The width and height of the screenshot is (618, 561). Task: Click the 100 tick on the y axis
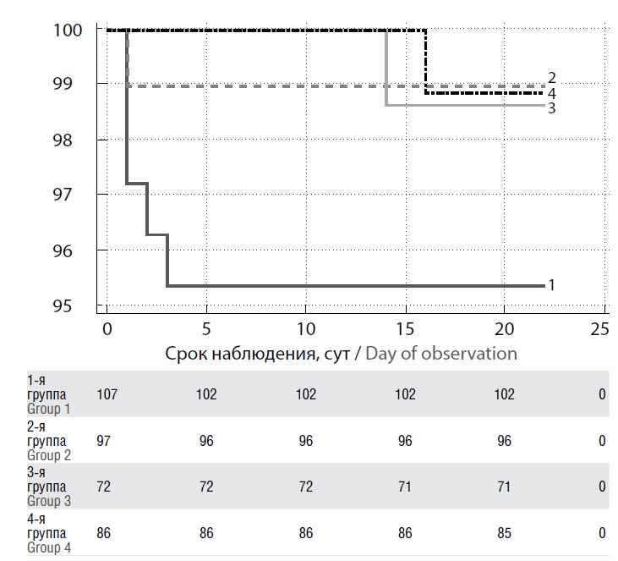[68, 30]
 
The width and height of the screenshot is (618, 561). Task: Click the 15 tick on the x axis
[404, 327]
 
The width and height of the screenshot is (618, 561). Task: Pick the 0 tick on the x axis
[107, 327]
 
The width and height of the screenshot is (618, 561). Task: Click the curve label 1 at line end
[551, 285]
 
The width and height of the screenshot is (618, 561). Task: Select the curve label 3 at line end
[550, 107]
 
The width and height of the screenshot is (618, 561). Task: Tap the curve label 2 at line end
[551, 78]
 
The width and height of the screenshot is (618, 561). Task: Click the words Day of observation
[441, 353]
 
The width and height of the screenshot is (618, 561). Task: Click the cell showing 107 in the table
[107, 394]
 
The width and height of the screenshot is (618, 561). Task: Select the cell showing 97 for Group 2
[107, 440]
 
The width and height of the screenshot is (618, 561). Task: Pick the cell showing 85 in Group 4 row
[504, 533]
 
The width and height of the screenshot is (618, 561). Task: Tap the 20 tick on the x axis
[504, 327]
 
